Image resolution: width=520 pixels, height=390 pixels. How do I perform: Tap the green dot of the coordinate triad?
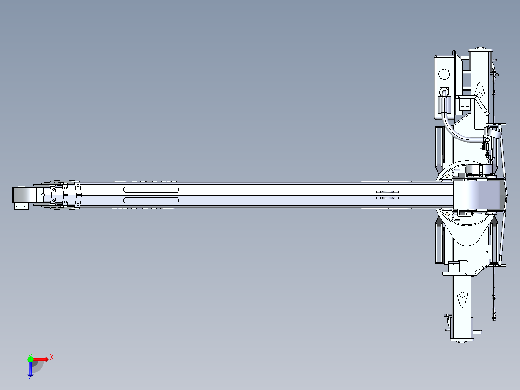click(x=30, y=359)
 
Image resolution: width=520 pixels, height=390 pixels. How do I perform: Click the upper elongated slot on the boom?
click(x=151, y=189)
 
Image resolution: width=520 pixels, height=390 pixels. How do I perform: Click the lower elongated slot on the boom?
click(x=151, y=200)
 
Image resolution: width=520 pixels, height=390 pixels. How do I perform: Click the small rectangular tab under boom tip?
click(x=21, y=206)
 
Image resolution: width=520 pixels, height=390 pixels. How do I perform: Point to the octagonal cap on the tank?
click(x=444, y=75)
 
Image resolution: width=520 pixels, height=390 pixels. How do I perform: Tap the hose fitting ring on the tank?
click(x=444, y=91)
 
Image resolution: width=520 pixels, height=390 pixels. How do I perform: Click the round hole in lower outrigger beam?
click(x=463, y=294)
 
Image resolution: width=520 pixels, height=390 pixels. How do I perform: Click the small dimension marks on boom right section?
click(x=387, y=195)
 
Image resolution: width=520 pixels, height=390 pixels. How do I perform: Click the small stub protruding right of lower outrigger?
click(x=478, y=332)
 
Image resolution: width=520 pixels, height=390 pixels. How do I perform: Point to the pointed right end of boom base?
click(x=506, y=195)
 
